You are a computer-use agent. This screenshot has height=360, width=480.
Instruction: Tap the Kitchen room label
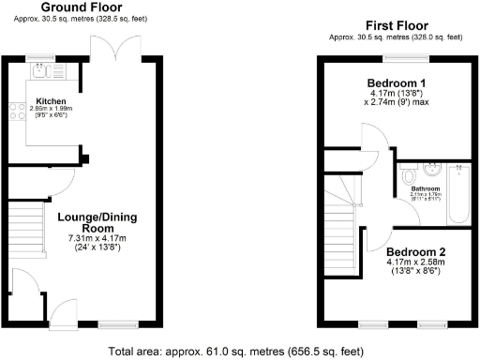point(51,100)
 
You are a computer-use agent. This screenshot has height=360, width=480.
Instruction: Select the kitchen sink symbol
point(41,70)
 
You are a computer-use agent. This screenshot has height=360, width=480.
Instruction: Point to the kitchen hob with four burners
point(16,112)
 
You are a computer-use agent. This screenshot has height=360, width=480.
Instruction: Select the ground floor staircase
point(27,231)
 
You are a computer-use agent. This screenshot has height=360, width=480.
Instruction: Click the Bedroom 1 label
point(395,82)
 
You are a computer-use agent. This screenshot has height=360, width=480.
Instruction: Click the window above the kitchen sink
point(41,57)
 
